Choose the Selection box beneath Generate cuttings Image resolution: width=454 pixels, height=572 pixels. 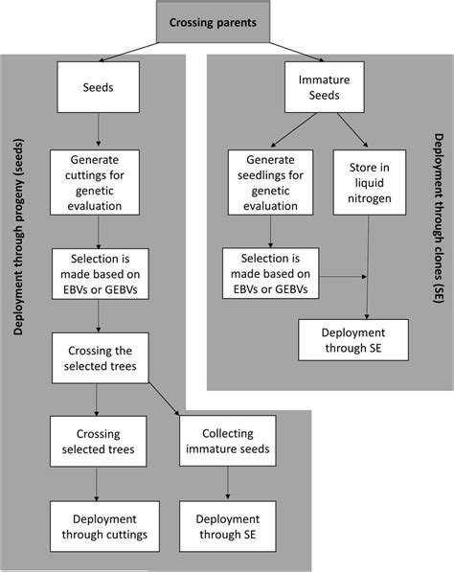98,269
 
